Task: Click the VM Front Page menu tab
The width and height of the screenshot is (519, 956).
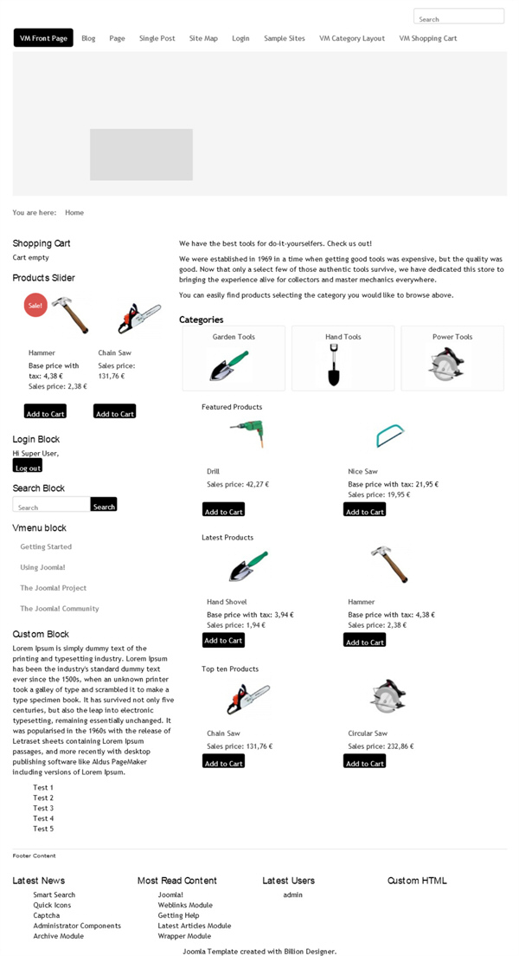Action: [43, 38]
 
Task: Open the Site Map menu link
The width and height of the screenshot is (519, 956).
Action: [203, 38]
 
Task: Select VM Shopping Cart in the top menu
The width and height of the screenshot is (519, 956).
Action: [427, 38]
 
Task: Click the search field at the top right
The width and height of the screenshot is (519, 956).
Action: [458, 17]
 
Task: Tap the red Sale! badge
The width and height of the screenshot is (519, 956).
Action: [35, 305]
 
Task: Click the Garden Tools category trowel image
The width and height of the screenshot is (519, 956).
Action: [229, 365]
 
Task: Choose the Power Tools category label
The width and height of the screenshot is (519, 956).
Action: [452, 337]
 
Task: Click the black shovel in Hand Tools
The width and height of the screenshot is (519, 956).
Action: [334, 365]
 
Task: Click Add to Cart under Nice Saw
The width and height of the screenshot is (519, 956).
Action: [364, 511]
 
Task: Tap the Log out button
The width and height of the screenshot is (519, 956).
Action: [28, 467]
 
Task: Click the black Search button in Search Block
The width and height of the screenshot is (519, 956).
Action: [104, 506]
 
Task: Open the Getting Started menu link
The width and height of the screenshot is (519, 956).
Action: [46, 546]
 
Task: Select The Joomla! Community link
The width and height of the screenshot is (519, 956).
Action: [60, 609]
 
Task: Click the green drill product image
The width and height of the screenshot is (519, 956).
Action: [247, 433]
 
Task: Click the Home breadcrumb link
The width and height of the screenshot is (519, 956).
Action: [74, 212]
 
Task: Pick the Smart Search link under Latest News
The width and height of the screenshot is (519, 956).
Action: [54, 895]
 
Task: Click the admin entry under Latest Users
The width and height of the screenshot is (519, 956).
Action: [292, 895]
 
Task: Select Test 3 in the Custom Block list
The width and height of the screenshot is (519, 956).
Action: [43, 808]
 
